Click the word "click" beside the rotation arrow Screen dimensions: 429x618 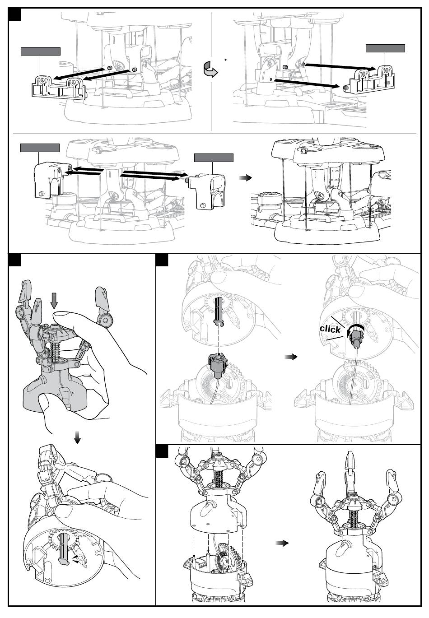click(x=330, y=329)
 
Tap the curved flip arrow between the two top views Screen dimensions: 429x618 click(x=210, y=69)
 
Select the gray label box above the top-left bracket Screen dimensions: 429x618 click(x=41, y=51)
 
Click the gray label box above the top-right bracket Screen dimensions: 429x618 click(x=385, y=48)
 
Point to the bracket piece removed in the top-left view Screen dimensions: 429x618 click(x=59, y=87)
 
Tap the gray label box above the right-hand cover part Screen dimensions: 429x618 click(x=214, y=158)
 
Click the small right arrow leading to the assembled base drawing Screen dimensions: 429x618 click(x=245, y=178)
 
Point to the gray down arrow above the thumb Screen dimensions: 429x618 click(x=54, y=301)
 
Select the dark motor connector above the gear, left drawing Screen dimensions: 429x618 click(x=218, y=364)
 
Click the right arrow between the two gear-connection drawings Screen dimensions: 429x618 click(x=291, y=357)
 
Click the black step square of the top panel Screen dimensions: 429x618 click(x=14, y=14)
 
